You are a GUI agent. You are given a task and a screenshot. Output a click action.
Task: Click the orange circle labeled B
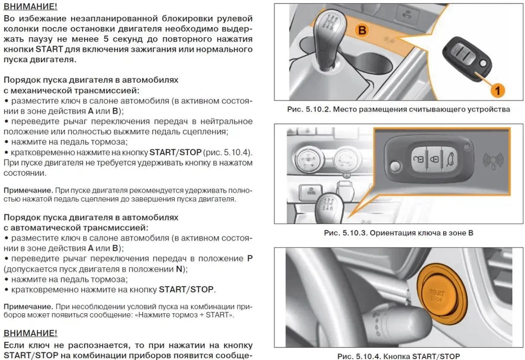coord(362,30)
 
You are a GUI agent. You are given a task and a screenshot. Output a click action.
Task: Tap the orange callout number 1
coord(498,90)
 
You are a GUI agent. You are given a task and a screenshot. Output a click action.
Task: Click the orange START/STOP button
coord(438,296)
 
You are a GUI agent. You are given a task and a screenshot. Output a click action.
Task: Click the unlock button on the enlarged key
coord(419,159)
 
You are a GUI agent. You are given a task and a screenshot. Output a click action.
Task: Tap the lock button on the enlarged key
coord(434,160)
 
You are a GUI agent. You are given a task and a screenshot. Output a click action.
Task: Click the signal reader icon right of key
coord(493,161)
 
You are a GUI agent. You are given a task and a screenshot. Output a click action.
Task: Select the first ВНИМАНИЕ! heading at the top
coord(30,6)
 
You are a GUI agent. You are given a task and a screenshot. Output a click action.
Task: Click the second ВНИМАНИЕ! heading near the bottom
coord(30,333)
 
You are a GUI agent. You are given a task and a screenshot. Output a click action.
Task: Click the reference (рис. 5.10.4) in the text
coord(228,152)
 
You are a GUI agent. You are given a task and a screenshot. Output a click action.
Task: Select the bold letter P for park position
coord(250,258)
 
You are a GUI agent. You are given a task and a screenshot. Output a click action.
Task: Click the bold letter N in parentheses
coord(179,269)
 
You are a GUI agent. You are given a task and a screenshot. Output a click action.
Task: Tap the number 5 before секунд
coord(106,39)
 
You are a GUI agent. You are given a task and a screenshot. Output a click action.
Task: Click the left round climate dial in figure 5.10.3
coord(309,160)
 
